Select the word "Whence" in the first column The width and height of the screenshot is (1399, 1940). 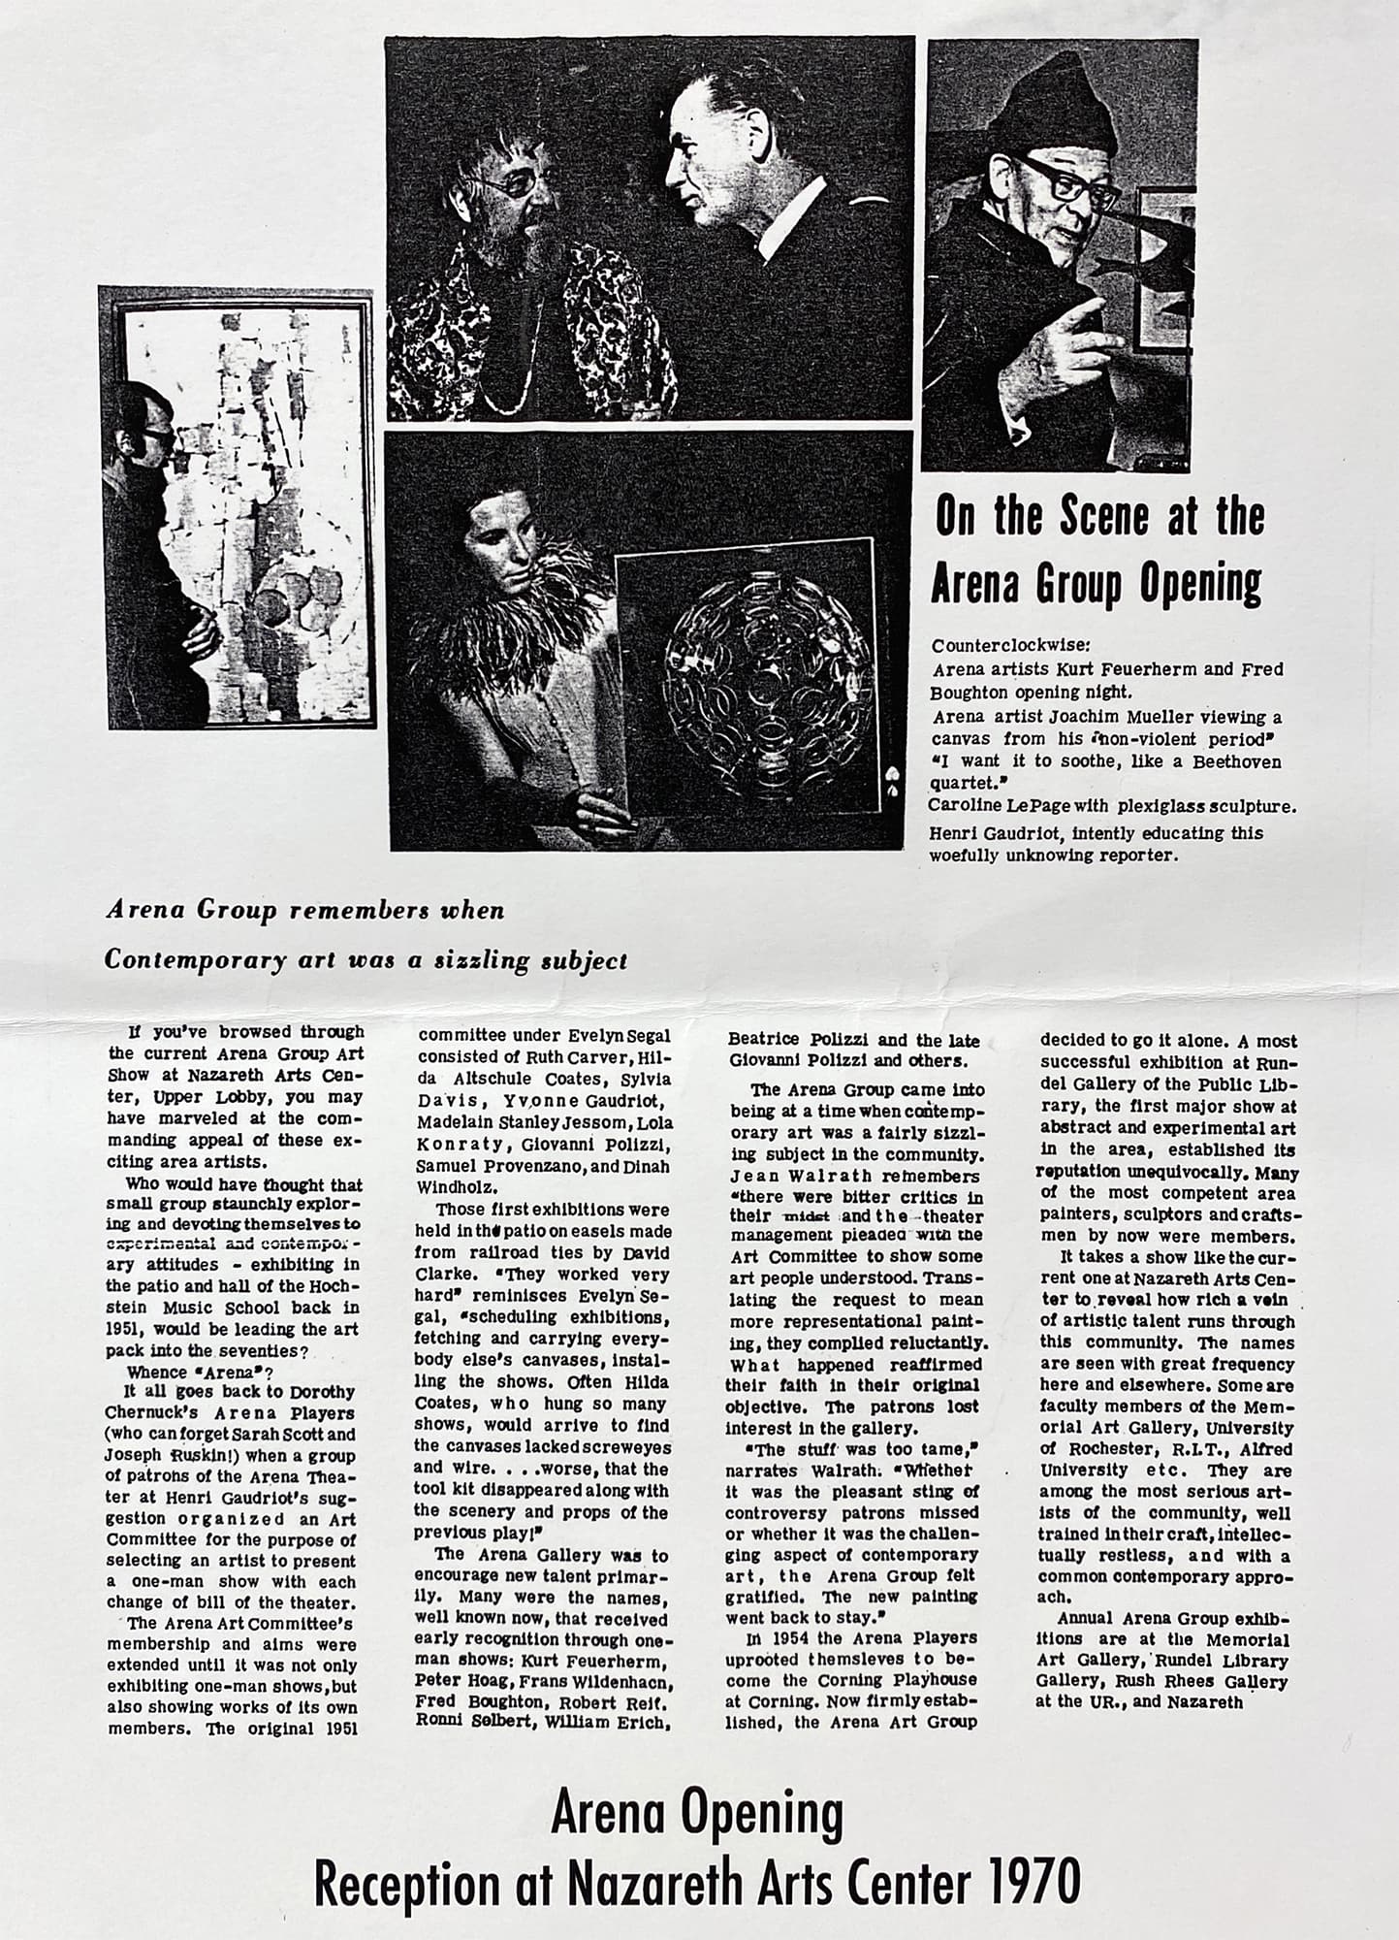tap(155, 1372)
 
